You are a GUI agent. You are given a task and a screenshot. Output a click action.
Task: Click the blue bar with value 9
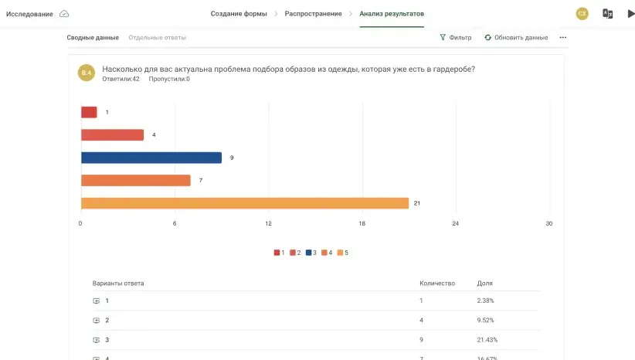[151, 158]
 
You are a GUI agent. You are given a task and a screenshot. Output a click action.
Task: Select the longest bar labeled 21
[245, 203]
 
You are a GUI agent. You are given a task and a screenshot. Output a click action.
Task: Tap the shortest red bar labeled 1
[89, 112]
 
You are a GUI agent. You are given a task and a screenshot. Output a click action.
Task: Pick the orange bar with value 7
[136, 180]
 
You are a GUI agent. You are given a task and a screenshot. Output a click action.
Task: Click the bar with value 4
[113, 135]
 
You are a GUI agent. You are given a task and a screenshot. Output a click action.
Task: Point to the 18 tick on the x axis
[362, 223]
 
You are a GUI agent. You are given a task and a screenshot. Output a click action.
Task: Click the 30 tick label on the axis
[549, 223]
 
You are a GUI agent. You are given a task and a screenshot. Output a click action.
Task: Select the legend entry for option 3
[311, 253]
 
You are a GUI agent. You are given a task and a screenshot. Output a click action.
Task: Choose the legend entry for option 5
[343, 253]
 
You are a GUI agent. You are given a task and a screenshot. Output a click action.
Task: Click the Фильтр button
[456, 37]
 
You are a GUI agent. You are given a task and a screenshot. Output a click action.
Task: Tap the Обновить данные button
[516, 37]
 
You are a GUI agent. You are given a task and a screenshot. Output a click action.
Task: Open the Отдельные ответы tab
[158, 37]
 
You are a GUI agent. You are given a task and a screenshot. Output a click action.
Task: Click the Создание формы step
[239, 14]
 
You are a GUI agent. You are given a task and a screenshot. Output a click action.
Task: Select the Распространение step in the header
[313, 14]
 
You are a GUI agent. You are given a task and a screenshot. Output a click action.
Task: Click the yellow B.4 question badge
[87, 73]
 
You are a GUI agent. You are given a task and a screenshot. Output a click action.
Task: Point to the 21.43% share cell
[487, 340]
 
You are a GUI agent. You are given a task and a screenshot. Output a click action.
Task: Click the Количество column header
[437, 284]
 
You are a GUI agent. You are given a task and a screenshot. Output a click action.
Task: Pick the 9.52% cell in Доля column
[486, 321]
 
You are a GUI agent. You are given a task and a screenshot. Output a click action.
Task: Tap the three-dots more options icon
[563, 37]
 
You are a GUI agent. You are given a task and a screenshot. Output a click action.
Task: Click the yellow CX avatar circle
[582, 13]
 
